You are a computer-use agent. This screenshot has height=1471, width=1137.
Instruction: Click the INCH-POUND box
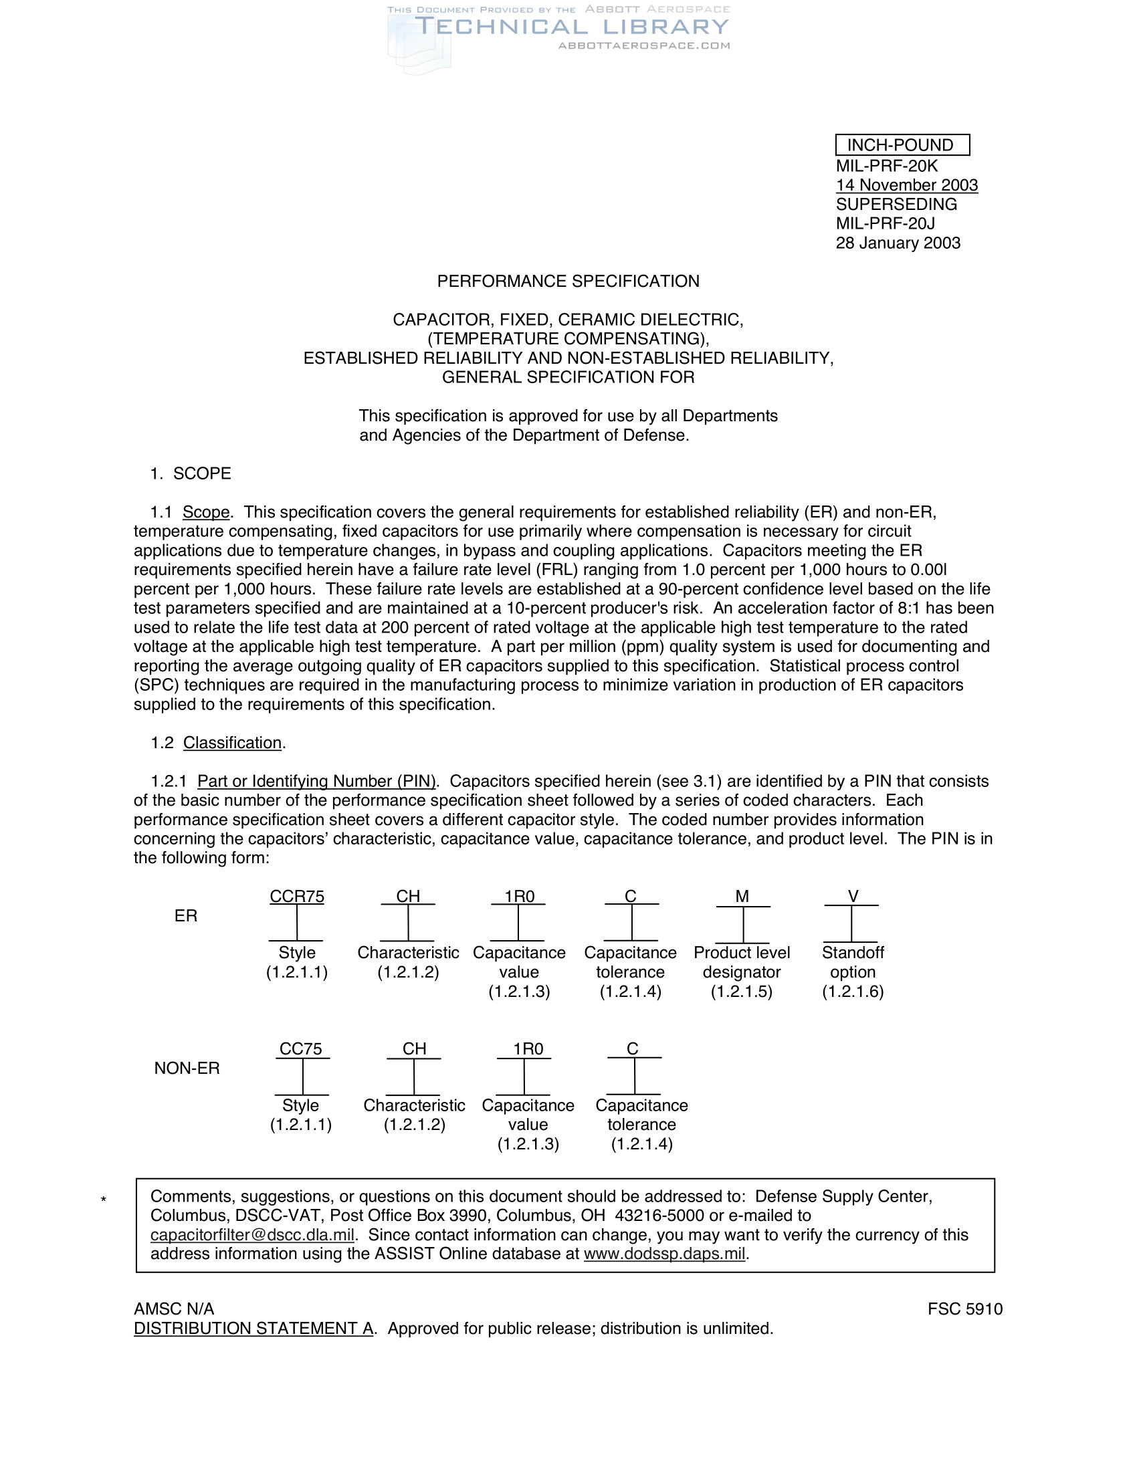(x=902, y=145)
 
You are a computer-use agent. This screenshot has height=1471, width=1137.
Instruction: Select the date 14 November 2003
(x=907, y=185)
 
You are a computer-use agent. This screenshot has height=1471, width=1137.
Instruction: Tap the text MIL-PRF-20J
(x=885, y=223)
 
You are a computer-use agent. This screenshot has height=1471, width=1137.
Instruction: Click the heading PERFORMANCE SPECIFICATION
(x=568, y=281)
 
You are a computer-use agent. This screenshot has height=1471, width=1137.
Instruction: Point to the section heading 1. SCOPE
(x=191, y=473)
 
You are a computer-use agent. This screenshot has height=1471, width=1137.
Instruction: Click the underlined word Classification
(x=232, y=743)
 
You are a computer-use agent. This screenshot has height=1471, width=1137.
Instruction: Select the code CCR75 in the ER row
(x=297, y=897)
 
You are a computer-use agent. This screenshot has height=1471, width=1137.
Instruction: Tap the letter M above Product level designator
(x=742, y=897)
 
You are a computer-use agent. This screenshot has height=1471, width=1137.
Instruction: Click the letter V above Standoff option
(x=853, y=897)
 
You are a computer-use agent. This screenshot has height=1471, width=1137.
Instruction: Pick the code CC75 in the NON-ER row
(x=301, y=1049)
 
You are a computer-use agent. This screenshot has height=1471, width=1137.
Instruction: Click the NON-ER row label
(x=187, y=1068)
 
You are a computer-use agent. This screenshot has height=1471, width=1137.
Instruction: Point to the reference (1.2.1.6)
(x=853, y=992)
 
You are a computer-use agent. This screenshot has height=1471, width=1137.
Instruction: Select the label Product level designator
(x=742, y=962)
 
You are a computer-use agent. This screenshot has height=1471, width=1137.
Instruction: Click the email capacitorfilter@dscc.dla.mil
(x=253, y=1235)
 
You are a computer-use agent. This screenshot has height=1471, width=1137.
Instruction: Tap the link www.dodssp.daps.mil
(x=665, y=1254)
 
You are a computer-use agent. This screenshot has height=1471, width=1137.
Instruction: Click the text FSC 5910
(x=964, y=1309)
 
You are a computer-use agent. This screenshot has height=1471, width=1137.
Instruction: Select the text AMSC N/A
(x=174, y=1309)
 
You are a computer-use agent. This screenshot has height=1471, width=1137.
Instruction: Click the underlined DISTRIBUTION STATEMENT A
(x=253, y=1329)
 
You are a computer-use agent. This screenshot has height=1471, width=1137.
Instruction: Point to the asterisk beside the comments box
(x=103, y=1200)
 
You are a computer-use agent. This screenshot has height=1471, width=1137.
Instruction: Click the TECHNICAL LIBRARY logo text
(x=571, y=27)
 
